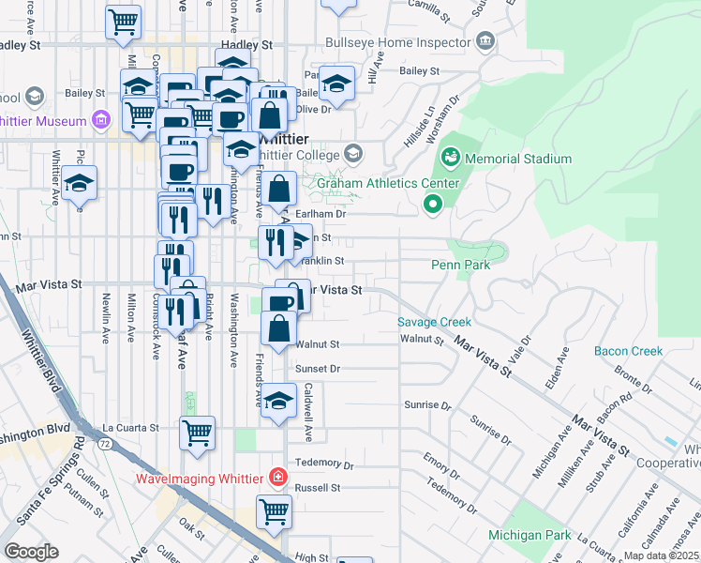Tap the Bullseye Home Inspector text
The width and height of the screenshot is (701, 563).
coord(397,43)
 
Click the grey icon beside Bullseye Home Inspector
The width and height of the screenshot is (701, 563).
coord(485,40)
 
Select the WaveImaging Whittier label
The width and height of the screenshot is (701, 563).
coord(199,478)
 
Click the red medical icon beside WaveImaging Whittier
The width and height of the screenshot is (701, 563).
coord(276,477)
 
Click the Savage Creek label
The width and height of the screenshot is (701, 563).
coord(434,322)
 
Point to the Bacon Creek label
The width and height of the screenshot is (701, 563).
coord(628,351)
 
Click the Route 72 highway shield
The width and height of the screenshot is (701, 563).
coord(109,442)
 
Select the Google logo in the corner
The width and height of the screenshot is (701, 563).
coord(31,552)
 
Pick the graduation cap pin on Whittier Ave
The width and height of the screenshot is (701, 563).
coord(80,181)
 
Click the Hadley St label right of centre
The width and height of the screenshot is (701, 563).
coord(246,44)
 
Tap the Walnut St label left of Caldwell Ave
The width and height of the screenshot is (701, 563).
coord(317,344)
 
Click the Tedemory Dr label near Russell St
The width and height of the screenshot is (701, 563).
coord(323,464)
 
